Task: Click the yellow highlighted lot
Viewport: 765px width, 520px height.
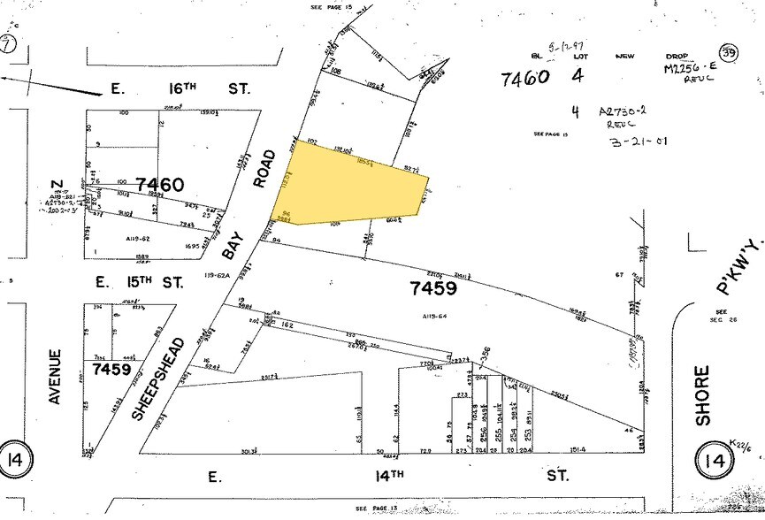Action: tap(354, 184)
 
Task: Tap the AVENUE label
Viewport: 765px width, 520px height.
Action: tap(55, 377)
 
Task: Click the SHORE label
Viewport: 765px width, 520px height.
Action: tap(704, 395)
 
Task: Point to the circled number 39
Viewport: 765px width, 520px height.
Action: tap(730, 55)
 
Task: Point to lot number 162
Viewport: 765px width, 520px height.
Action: tap(287, 325)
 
